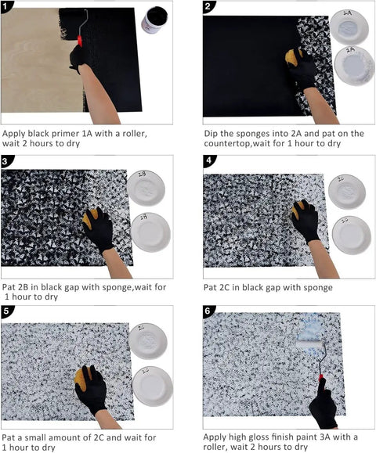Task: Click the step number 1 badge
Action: point(5,6)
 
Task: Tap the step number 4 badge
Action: point(209,160)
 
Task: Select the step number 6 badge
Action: point(208,311)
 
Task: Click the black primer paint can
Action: point(154,20)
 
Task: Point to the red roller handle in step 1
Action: point(80,41)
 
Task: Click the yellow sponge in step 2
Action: point(293,57)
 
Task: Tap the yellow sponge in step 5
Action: point(82,377)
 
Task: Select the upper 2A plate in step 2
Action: point(349,27)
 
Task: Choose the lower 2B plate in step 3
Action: point(150,232)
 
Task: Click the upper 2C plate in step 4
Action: point(347,192)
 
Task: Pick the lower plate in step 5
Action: point(153,386)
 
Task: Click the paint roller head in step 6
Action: point(309,344)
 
